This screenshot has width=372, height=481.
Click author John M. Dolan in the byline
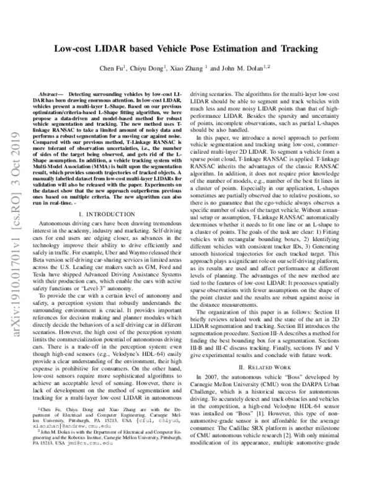coord(244,68)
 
